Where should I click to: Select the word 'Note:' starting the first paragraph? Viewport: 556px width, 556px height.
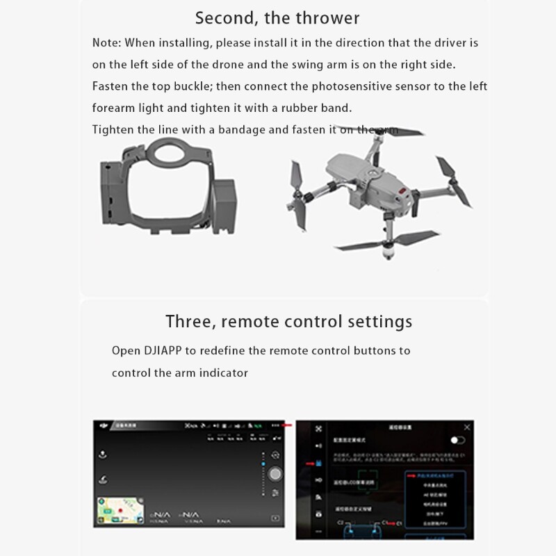click(x=106, y=43)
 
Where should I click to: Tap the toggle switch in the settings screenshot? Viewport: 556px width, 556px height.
click(x=457, y=441)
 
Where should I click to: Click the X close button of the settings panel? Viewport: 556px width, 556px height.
click(x=467, y=427)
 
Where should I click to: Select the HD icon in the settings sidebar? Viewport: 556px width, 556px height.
click(x=318, y=480)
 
